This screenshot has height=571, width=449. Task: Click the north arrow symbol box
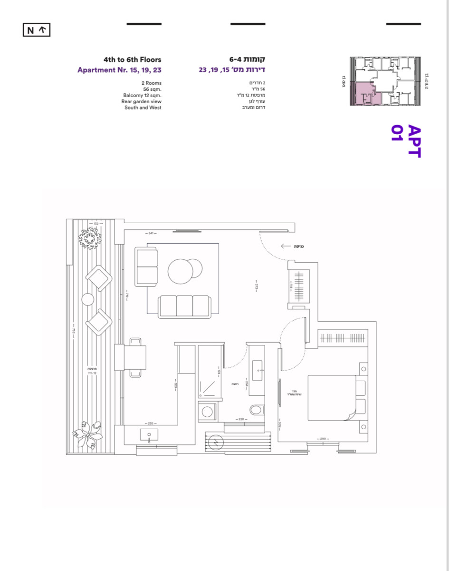tap(37, 30)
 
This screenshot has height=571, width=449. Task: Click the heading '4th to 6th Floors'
tap(132, 60)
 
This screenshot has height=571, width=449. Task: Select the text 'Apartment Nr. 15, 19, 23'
tap(119, 70)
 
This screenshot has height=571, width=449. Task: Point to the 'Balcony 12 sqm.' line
tap(142, 95)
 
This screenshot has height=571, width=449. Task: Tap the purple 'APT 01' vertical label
tap(406, 141)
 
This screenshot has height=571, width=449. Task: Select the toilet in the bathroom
tap(257, 410)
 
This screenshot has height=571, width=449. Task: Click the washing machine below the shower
tap(208, 412)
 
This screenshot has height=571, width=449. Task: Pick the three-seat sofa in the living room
tap(185, 306)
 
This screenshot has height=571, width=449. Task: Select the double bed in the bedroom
tap(333, 398)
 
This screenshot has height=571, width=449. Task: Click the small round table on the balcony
tap(88, 300)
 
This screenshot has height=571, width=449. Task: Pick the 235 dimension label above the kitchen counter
tap(151, 423)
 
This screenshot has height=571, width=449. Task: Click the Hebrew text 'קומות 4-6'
tap(247, 60)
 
